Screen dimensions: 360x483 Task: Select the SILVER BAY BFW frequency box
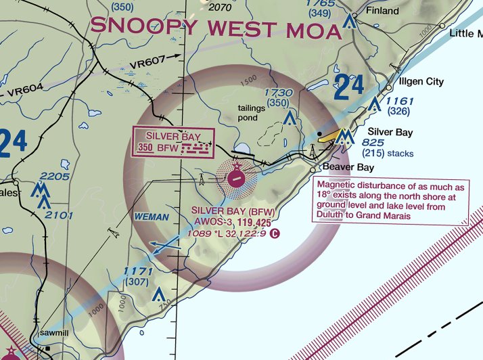(173, 142)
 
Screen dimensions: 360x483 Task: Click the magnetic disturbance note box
(389, 200)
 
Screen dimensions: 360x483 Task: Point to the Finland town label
(383, 12)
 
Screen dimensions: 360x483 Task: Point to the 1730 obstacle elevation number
(278, 93)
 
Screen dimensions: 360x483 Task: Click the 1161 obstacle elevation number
(400, 101)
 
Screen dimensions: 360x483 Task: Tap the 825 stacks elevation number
(373, 143)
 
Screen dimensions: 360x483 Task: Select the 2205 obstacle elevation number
(55, 177)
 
